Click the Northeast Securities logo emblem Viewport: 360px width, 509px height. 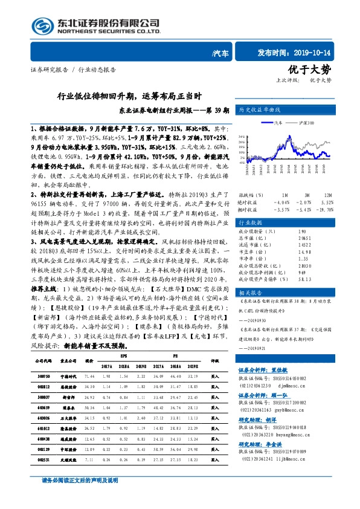pyautogui.click(x=40, y=26)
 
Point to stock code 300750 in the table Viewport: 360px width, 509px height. pyautogui.click(x=36, y=393)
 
